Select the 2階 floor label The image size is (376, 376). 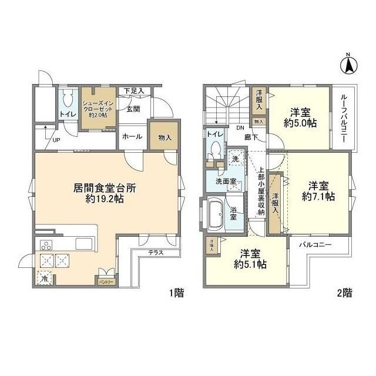coord(344,292)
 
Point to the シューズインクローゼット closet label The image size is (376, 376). coord(98,108)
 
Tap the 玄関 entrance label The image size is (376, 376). coord(133,108)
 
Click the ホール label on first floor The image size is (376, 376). coord(132,136)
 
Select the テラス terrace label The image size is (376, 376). coord(156,253)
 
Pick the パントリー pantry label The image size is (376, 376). coord(106,282)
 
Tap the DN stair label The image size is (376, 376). coord(240,129)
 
